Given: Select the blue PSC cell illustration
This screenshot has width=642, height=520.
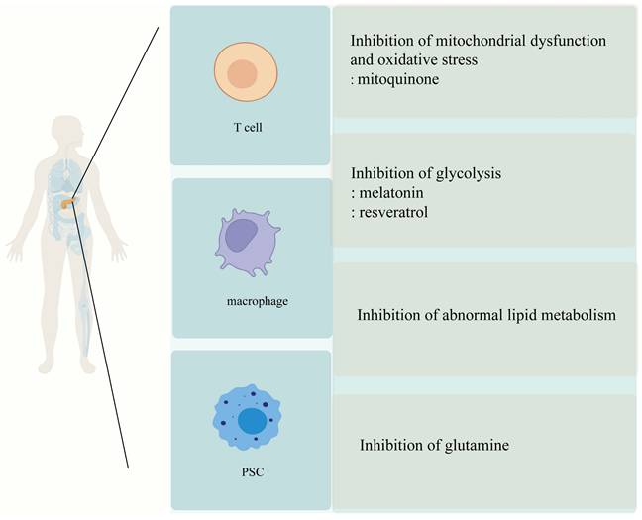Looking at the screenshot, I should [x=250, y=420].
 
